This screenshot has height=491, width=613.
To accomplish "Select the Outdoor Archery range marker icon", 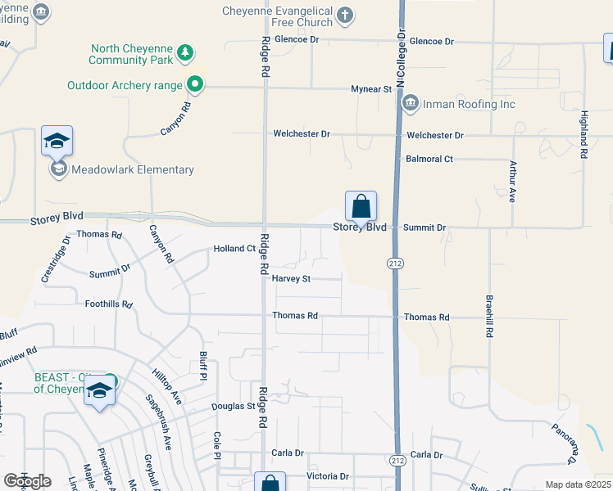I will [195, 83].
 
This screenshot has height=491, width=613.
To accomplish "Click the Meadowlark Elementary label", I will [133, 170].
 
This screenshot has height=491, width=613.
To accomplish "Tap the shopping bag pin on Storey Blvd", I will [361, 206].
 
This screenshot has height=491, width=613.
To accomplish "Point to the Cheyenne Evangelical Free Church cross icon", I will [346, 14].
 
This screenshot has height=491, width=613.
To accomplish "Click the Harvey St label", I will [291, 279].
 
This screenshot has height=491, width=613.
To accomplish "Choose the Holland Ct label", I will [234, 248].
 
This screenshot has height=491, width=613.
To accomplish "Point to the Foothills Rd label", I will [109, 304].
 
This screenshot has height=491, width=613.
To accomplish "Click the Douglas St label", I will [234, 407].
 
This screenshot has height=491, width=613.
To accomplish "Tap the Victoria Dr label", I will [328, 476].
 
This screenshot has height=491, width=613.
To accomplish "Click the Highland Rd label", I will [584, 135].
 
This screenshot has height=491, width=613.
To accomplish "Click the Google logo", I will [27, 481].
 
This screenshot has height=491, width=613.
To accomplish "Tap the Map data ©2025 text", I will [578, 484].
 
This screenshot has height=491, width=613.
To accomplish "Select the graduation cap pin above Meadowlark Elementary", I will [57, 142].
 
